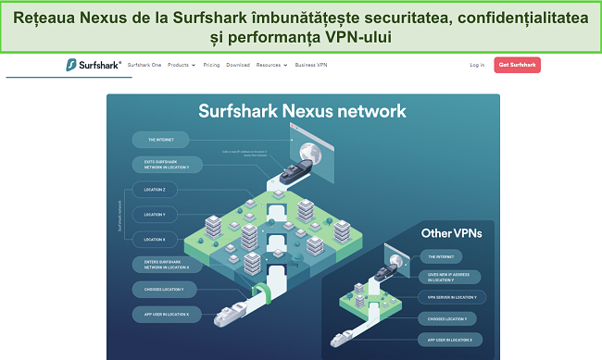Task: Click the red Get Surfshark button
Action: [x=518, y=65]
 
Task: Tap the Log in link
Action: [x=477, y=66]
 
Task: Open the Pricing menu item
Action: [x=211, y=66]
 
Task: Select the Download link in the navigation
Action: [x=238, y=66]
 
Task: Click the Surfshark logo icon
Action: [x=71, y=66]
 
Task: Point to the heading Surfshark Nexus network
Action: [x=302, y=112]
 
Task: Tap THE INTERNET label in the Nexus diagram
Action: [x=162, y=141]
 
